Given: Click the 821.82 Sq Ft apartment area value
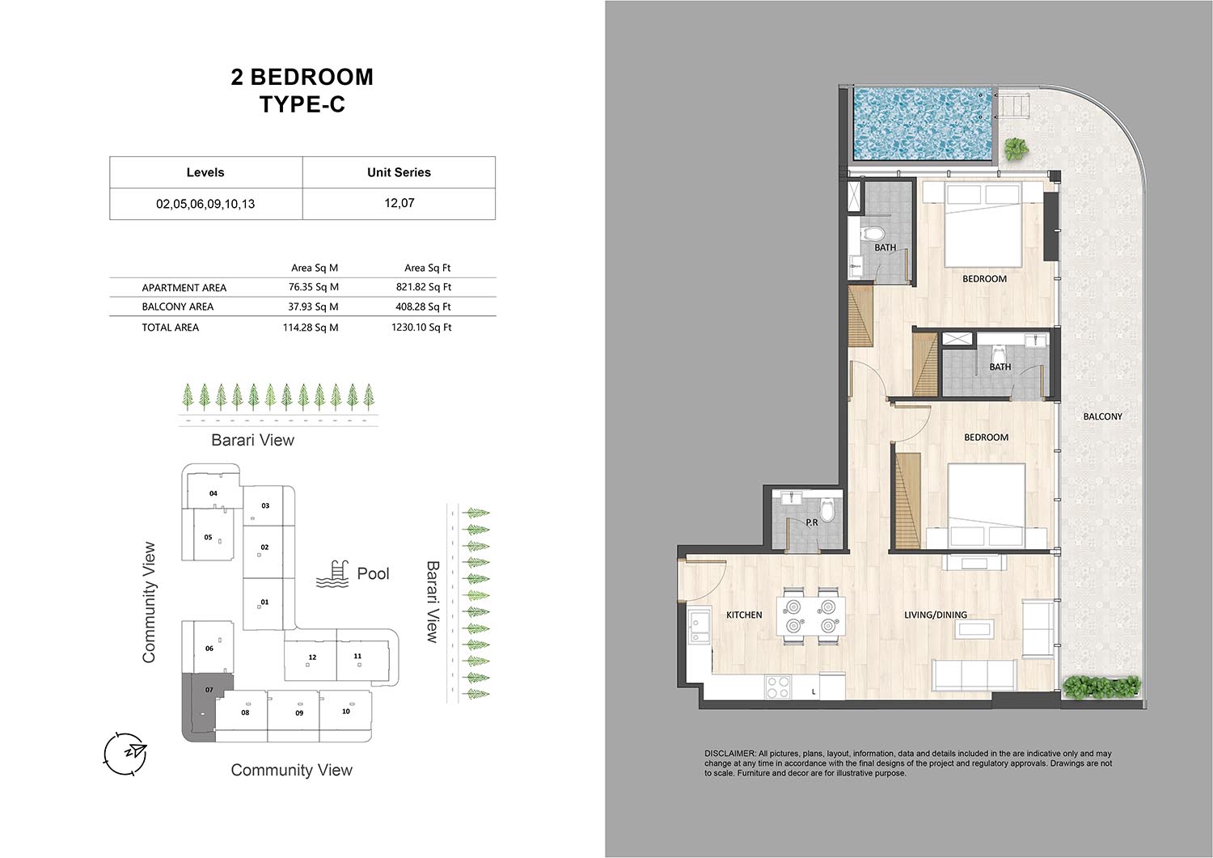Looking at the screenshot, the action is pos(424,287).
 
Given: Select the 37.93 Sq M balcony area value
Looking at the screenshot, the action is pos(313,306).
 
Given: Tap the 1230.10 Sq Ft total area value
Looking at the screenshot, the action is pos(421,328).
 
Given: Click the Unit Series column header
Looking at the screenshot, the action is pos(399,172).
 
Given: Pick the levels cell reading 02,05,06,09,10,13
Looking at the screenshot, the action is pos(205,204).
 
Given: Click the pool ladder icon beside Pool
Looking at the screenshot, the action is pos(332,574).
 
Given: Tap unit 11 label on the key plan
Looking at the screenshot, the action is pos(357,656).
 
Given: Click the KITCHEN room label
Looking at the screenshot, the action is pos(744,615).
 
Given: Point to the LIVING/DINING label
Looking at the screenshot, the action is pos(936,615).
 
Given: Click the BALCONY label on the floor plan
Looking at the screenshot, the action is pos(1102,416).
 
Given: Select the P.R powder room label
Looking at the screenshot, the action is pos(812,522).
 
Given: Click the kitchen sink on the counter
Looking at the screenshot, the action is pos(699,627).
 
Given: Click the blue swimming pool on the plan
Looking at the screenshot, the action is pos(923,124).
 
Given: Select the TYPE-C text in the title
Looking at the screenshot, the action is pos(302,104).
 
